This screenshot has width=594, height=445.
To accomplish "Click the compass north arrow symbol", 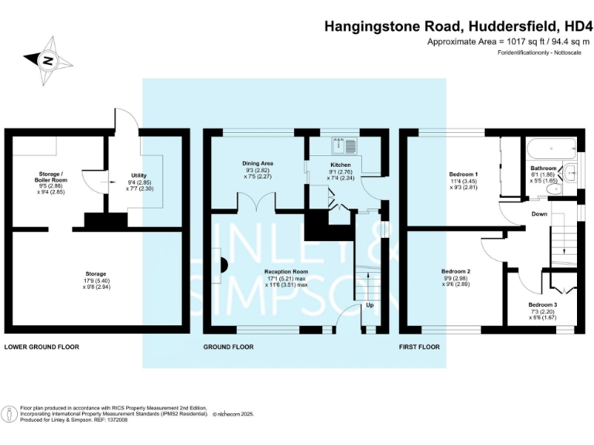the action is point(48,59).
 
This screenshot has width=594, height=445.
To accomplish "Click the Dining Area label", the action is point(258,163).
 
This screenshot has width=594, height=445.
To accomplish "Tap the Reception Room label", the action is point(286,273).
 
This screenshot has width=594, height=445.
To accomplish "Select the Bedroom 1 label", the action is point(464,175).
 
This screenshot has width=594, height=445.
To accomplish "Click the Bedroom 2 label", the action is point(456,271).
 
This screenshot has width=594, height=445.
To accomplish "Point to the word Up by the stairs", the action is point(369,305).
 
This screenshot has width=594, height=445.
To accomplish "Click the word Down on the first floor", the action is point(540,214).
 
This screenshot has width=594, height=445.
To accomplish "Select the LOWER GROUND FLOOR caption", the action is point(42,347).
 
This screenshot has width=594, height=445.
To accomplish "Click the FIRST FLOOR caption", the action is point(418,347).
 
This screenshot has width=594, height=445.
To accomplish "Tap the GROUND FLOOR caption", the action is point(228,347).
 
